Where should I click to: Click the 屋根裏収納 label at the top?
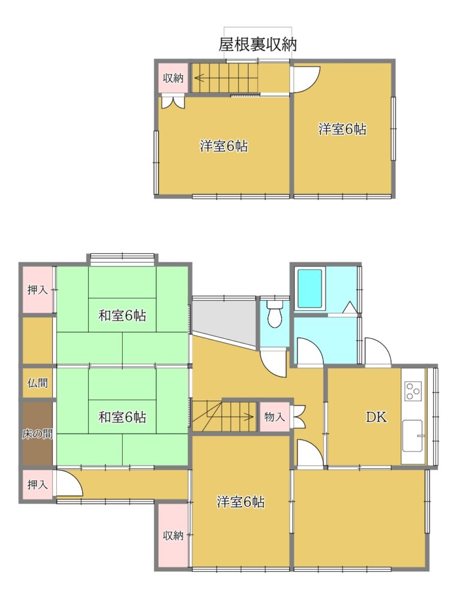[258, 45]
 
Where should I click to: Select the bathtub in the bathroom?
[310, 288]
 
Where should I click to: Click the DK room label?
[376, 417]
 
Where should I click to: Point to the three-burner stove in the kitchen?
[413, 391]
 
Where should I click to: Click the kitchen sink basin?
[413, 436]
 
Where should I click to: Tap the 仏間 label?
[38, 382]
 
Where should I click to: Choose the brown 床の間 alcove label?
[37, 434]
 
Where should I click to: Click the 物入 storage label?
[275, 417]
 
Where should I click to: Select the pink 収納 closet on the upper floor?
[173, 78]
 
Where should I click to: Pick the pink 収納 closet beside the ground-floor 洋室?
[173, 535]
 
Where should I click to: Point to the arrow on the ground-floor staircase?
[223, 416]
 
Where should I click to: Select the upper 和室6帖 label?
[122, 316]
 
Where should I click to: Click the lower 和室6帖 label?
[122, 417]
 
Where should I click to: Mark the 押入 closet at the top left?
[38, 290]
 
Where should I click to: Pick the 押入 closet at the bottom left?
[38, 484]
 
